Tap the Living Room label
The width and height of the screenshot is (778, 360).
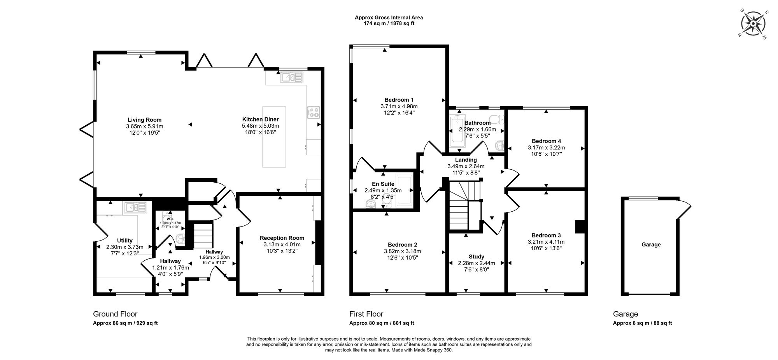point(144,120)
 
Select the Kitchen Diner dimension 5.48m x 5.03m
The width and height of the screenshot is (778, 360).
point(260,126)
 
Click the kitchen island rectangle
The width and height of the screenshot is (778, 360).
point(274,137)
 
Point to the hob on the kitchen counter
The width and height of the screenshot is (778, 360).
point(314,112)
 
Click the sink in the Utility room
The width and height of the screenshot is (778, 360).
point(135,207)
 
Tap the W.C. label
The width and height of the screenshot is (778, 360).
point(170,219)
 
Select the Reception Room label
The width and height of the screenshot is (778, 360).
point(282,238)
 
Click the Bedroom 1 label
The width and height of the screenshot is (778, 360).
point(399,100)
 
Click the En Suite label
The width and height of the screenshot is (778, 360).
point(383,184)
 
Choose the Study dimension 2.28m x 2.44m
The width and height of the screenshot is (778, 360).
point(476,263)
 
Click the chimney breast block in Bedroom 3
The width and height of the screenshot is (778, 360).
point(580,227)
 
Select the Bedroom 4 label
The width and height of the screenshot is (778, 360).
point(546,141)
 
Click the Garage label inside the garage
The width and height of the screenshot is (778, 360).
point(651,244)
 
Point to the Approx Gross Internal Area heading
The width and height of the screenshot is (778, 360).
point(388,17)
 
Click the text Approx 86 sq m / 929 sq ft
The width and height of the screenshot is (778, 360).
point(125,323)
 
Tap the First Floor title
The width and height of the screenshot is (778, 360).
point(366,314)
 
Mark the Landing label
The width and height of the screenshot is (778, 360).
point(466,160)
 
